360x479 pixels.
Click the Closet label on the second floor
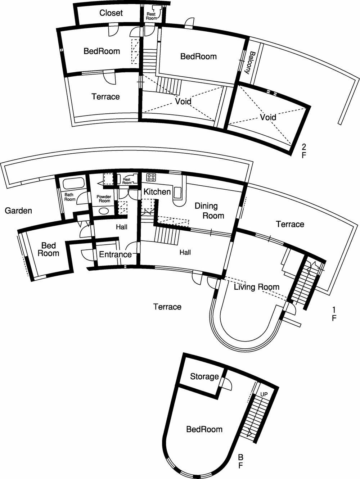111,13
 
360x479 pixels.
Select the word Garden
18,211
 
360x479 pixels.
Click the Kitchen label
157,191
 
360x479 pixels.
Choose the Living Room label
256,287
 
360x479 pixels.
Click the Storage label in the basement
204,376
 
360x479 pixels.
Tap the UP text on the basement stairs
264,394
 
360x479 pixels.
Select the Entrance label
115,254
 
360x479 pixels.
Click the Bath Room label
70,197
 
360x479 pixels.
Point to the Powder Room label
104,199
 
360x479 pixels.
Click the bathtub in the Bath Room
73,184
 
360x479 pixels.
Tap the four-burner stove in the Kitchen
151,177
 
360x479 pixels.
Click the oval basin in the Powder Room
104,211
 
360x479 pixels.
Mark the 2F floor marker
304,151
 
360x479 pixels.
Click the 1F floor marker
334,314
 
